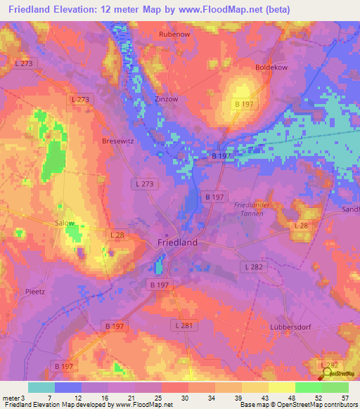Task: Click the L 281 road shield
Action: coord(183,326)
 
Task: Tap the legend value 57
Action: coord(345,398)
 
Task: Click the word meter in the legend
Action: coord(11,398)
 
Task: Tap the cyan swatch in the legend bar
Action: coord(41,387)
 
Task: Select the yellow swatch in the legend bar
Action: coord(281,387)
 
